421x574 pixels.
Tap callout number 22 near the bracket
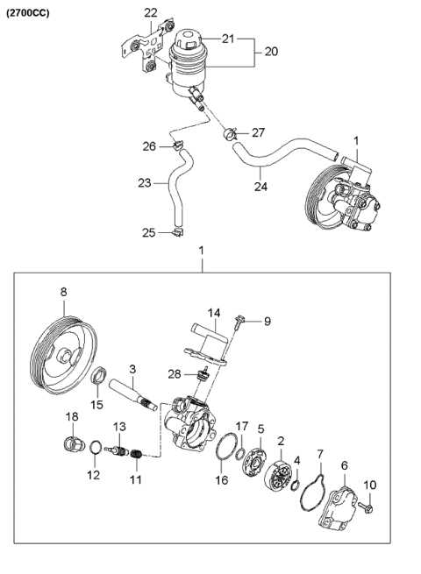click(151, 12)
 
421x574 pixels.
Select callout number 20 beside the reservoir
click(270, 52)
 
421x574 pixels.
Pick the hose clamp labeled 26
click(178, 145)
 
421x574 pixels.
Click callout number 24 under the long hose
click(260, 185)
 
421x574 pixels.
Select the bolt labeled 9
click(239, 324)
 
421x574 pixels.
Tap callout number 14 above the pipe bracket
click(213, 312)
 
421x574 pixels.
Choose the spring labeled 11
click(136, 457)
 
